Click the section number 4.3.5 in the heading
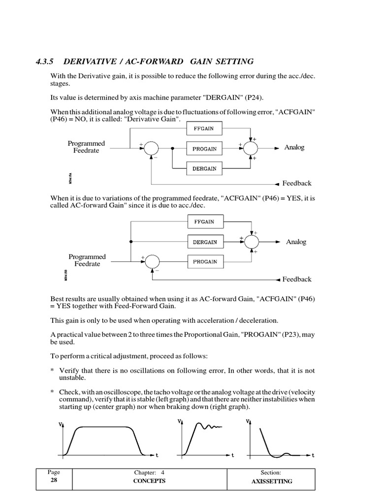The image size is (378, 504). tap(44, 62)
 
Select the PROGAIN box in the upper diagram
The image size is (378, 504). tap(205, 149)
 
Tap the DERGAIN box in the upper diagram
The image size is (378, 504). tap(205, 168)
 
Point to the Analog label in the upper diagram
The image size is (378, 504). tap(294, 148)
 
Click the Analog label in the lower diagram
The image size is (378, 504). tap(296, 242)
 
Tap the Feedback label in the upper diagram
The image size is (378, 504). tap(297, 183)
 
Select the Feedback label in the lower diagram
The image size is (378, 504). tap(297, 279)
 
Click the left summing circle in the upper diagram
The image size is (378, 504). tap(152, 148)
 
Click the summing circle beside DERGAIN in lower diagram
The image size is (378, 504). tap(252, 242)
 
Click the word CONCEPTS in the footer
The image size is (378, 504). tap(150, 481)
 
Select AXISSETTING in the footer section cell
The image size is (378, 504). tap(272, 481)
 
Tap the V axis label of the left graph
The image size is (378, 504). tap(61, 424)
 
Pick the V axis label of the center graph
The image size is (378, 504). tap(178, 421)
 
